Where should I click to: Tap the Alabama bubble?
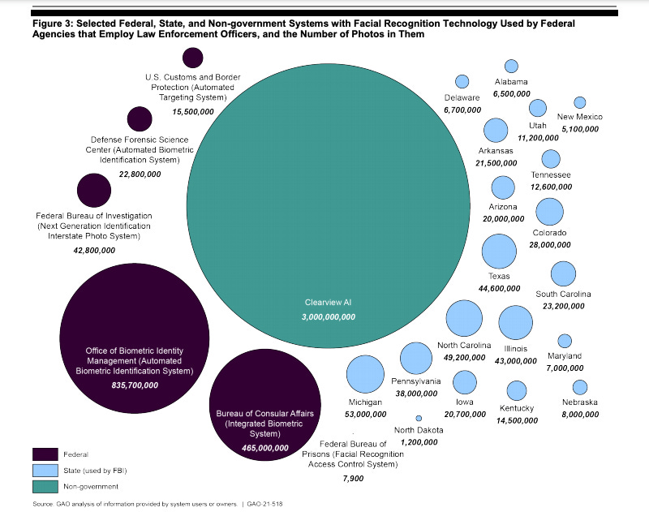[x=511, y=66]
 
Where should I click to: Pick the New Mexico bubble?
[x=579, y=102]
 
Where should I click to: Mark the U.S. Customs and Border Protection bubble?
[x=192, y=58]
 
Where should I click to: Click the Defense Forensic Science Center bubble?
[x=140, y=119]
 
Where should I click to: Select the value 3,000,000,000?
[x=329, y=317]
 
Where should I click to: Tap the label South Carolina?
[x=563, y=294]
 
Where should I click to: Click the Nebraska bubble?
[x=579, y=387]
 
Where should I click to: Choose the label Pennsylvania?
[x=416, y=381]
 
